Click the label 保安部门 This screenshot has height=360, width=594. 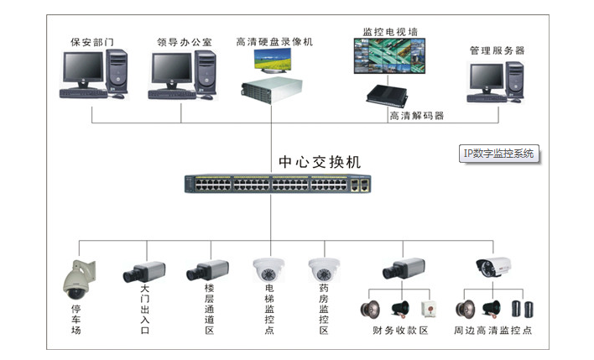(92, 41)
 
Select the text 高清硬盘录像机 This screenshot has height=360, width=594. (274, 41)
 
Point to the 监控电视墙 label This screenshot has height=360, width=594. (389, 31)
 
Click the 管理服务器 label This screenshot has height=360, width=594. (497, 50)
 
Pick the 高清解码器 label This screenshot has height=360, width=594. (416, 116)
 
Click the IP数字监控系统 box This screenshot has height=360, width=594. (498, 154)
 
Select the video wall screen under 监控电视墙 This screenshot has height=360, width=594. (390, 56)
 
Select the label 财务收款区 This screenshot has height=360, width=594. (400, 331)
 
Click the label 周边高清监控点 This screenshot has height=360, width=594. (492, 331)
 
